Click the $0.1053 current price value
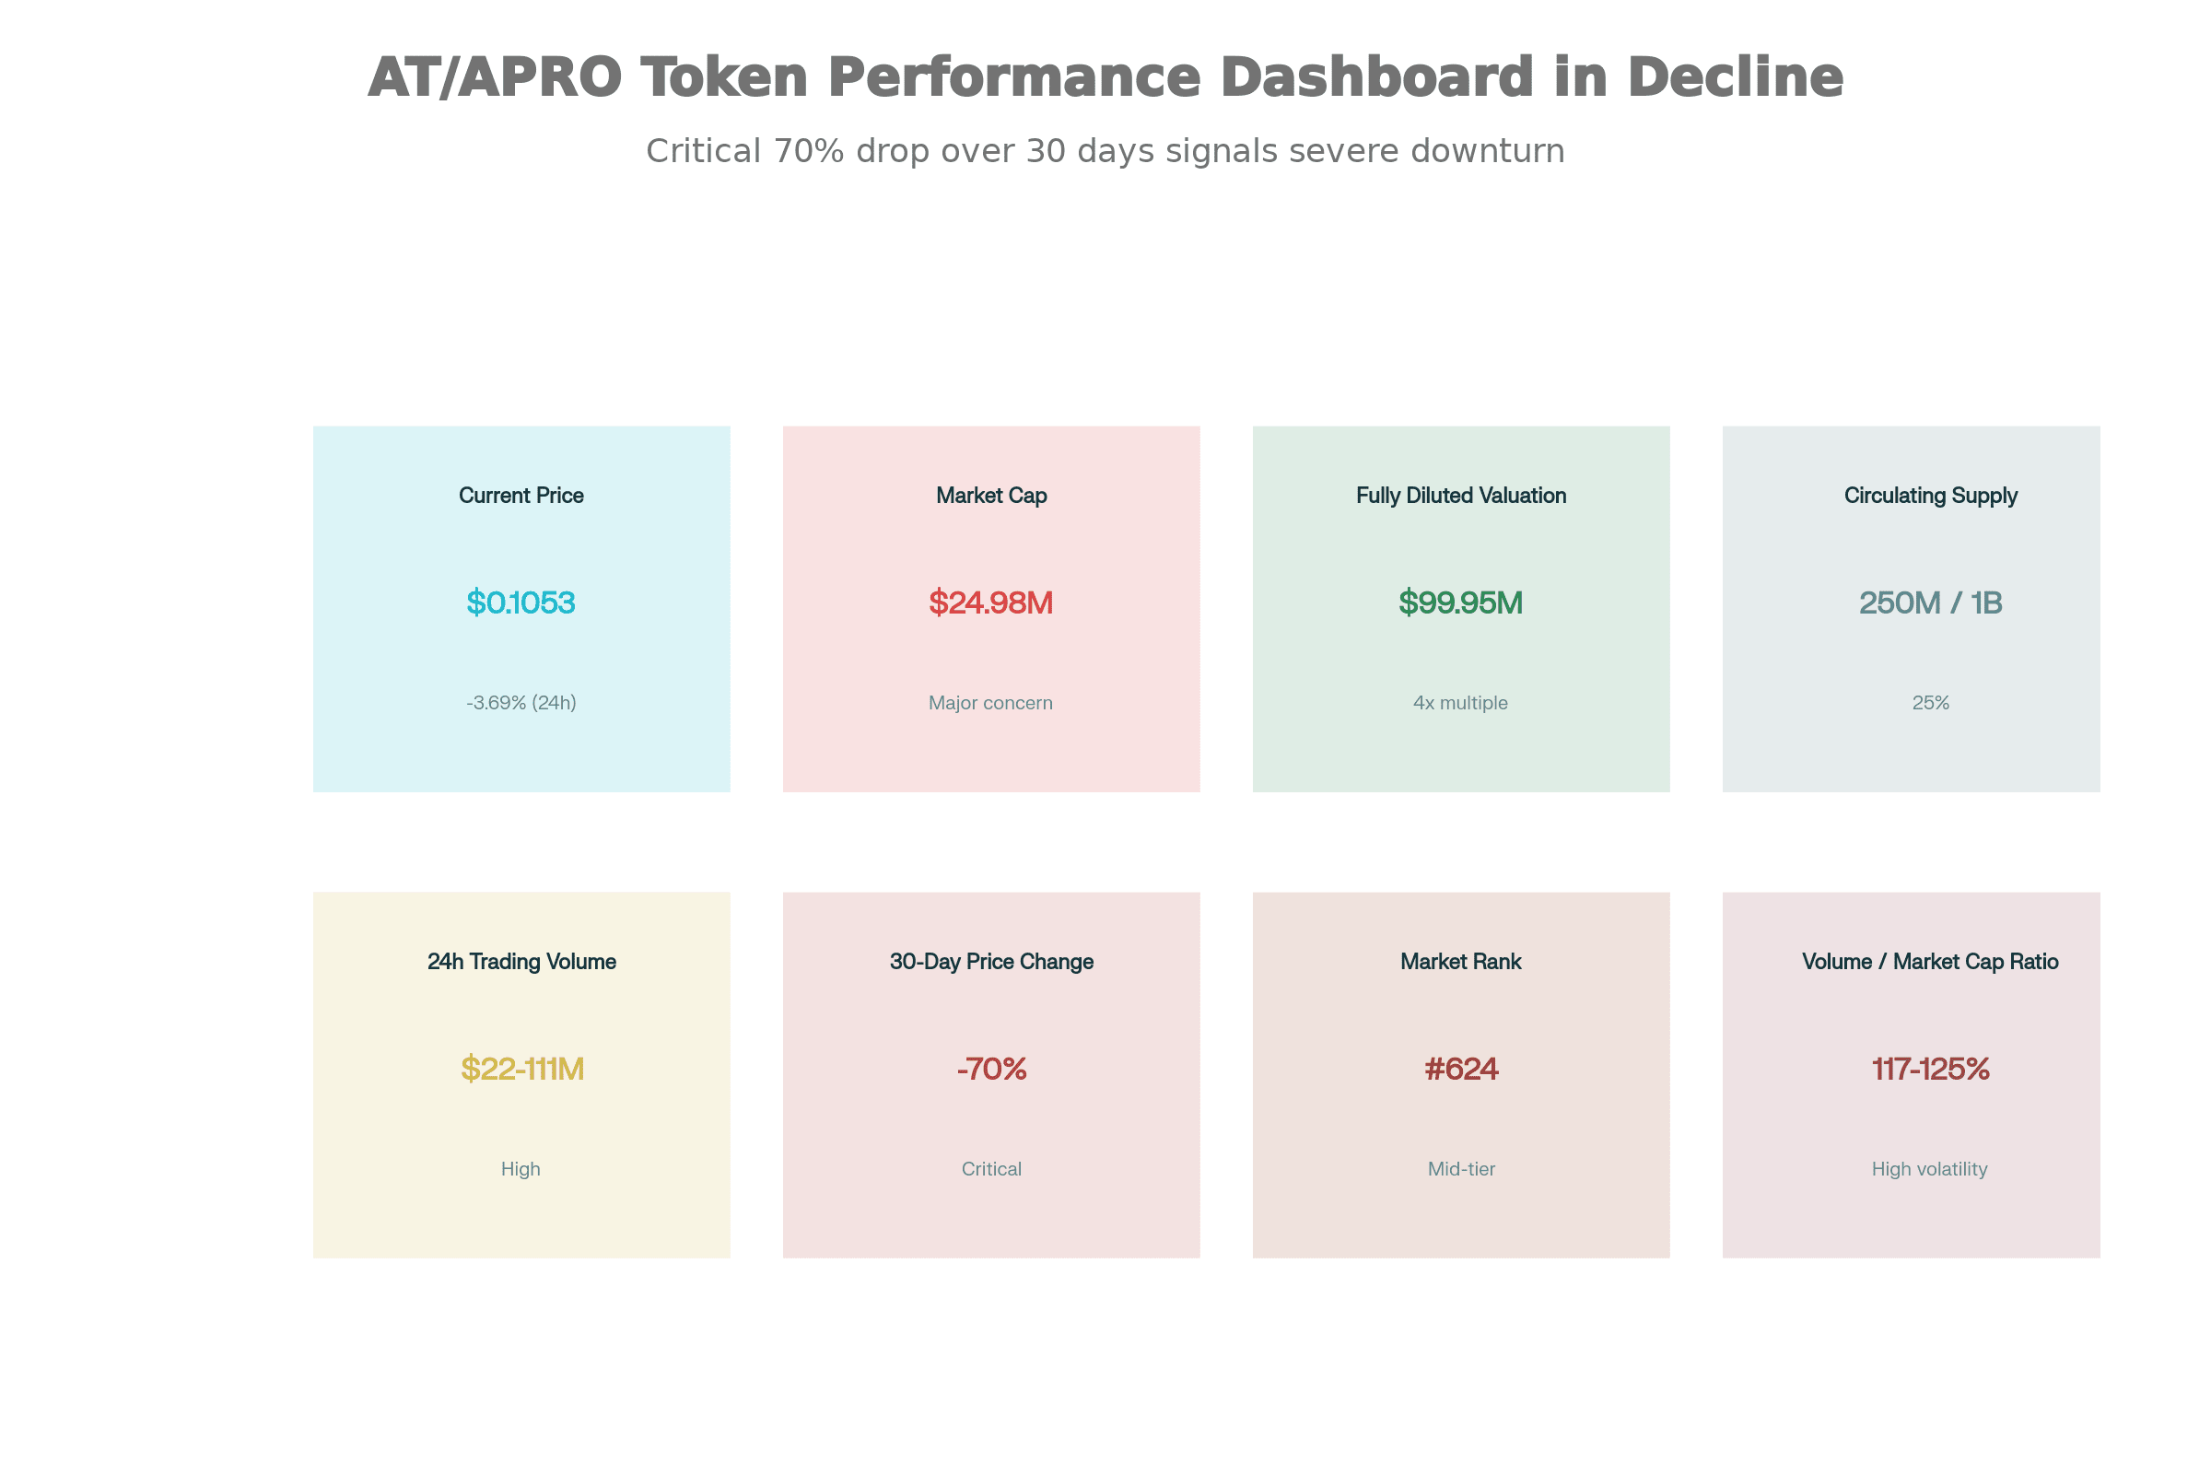point(521,602)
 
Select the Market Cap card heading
point(991,496)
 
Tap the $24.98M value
point(991,602)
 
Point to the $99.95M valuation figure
point(1461,602)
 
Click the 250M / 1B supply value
point(1931,602)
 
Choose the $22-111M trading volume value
point(521,1069)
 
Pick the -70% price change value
point(992,1069)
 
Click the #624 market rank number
point(1461,1069)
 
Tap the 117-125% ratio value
point(1931,1069)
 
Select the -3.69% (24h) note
point(521,703)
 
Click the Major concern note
point(991,703)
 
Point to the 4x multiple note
point(1461,703)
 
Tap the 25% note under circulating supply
point(1931,703)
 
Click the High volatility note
point(1930,1169)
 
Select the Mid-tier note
point(1461,1169)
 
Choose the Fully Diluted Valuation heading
point(1461,496)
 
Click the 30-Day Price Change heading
point(992,962)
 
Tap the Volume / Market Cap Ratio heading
point(1931,962)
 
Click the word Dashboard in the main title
point(1377,77)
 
